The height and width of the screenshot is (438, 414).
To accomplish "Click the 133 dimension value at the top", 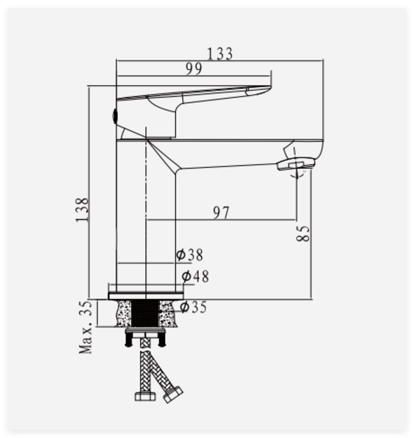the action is tap(220, 54).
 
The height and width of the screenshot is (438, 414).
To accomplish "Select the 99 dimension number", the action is tap(194, 69).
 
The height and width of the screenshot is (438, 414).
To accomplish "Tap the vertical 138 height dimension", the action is tap(82, 210).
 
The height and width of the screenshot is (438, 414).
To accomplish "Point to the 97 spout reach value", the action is tap(221, 213).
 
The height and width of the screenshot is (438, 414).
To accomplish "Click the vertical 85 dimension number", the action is tap(303, 233).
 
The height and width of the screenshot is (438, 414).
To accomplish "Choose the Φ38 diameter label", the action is tap(189, 255).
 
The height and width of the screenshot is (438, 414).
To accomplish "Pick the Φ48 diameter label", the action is tap(195, 277).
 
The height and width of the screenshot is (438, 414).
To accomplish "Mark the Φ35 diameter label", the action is tap(193, 307).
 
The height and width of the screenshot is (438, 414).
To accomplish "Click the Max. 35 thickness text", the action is tap(85, 327).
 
